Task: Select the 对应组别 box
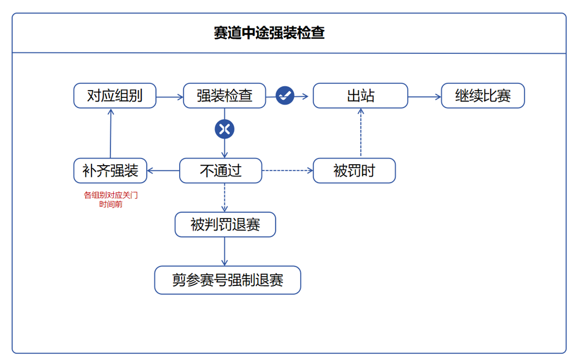click(x=114, y=96)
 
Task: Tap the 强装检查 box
click(x=224, y=96)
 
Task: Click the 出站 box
click(x=360, y=96)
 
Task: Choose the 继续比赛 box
click(x=482, y=96)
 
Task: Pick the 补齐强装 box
click(x=110, y=171)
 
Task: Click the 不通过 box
click(x=221, y=171)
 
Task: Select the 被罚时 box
click(x=354, y=171)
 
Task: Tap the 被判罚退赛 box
click(x=225, y=225)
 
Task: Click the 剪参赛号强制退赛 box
click(x=228, y=280)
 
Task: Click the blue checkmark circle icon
click(x=285, y=95)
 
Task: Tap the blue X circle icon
click(x=224, y=129)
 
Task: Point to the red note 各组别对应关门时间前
click(x=111, y=200)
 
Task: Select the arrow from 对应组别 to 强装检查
click(x=170, y=96)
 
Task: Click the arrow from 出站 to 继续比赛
click(x=424, y=96)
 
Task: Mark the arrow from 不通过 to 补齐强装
click(x=163, y=171)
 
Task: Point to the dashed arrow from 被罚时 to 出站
click(x=360, y=133)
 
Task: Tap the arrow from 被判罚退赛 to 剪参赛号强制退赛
click(x=225, y=252)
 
